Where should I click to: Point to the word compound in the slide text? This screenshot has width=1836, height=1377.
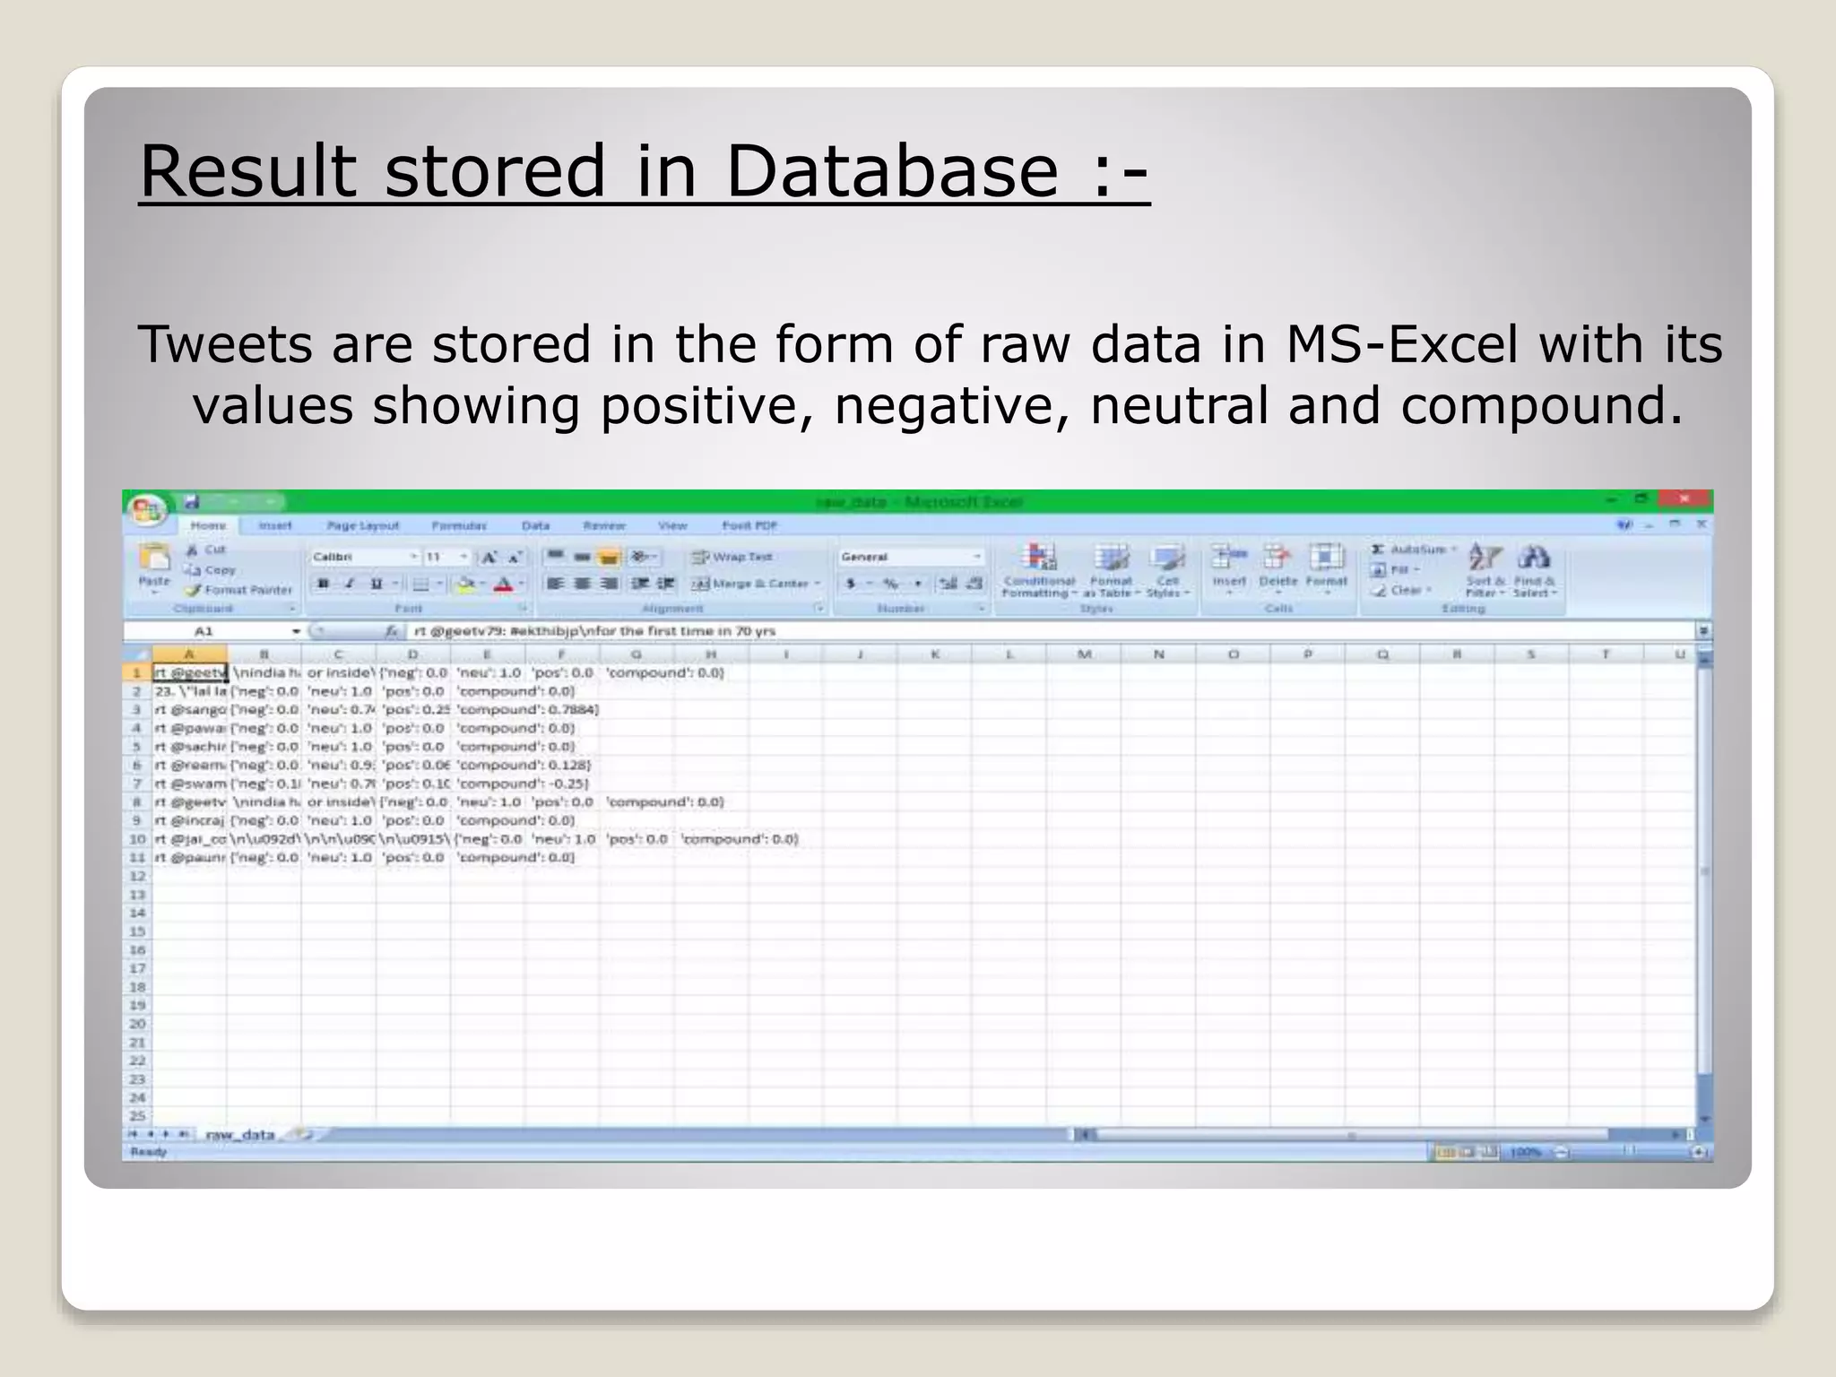1524,405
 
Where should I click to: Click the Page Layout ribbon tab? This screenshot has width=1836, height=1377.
362,526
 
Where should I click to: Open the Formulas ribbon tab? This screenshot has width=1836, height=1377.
459,526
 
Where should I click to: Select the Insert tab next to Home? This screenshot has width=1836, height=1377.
275,526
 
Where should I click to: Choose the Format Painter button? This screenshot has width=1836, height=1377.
239,590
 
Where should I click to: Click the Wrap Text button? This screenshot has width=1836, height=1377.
732,557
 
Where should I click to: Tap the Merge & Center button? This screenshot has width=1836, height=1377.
757,584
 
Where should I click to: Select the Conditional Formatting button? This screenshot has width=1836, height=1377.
1038,570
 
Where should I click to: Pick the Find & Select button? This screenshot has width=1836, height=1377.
1534,570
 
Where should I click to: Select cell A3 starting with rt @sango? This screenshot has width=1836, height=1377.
189,710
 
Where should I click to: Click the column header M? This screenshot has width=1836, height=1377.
1084,654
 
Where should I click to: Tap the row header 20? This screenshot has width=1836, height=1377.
137,1024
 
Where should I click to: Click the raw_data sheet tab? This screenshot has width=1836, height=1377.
239,1135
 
